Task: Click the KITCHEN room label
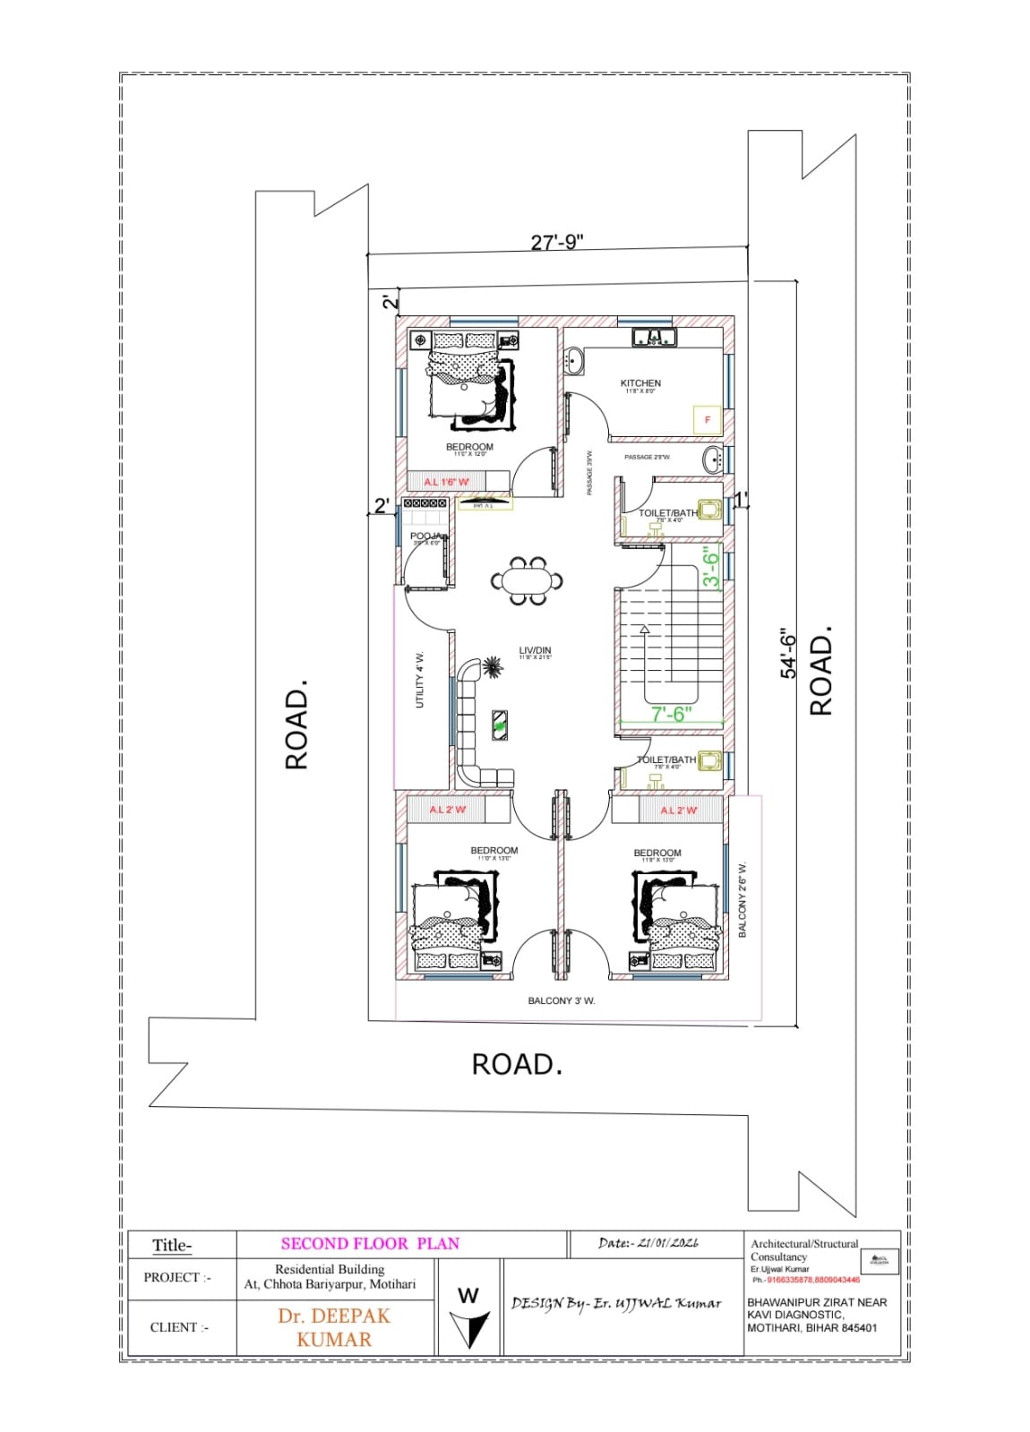coord(640,383)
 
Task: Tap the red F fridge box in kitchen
coord(708,419)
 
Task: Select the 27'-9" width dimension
coord(557,243)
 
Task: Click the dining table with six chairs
coord(528,580)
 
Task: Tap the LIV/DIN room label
coord(535,651)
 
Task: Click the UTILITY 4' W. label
coord(420,681)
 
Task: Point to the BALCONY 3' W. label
coord(562,1000)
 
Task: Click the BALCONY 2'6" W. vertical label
coord(742,900)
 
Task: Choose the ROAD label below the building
coord(517,1064)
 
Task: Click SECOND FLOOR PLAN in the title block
coord(370,1243)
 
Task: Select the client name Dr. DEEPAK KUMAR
coord(334,1327)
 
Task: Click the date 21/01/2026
coord(648,1243)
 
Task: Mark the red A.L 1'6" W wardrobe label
coord(446,482)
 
